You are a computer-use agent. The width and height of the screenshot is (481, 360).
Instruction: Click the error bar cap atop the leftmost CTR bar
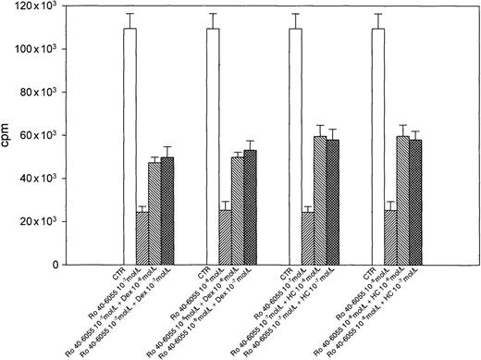(129, 14)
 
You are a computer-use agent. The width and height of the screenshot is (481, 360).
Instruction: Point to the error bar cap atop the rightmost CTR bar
(378, 14)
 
